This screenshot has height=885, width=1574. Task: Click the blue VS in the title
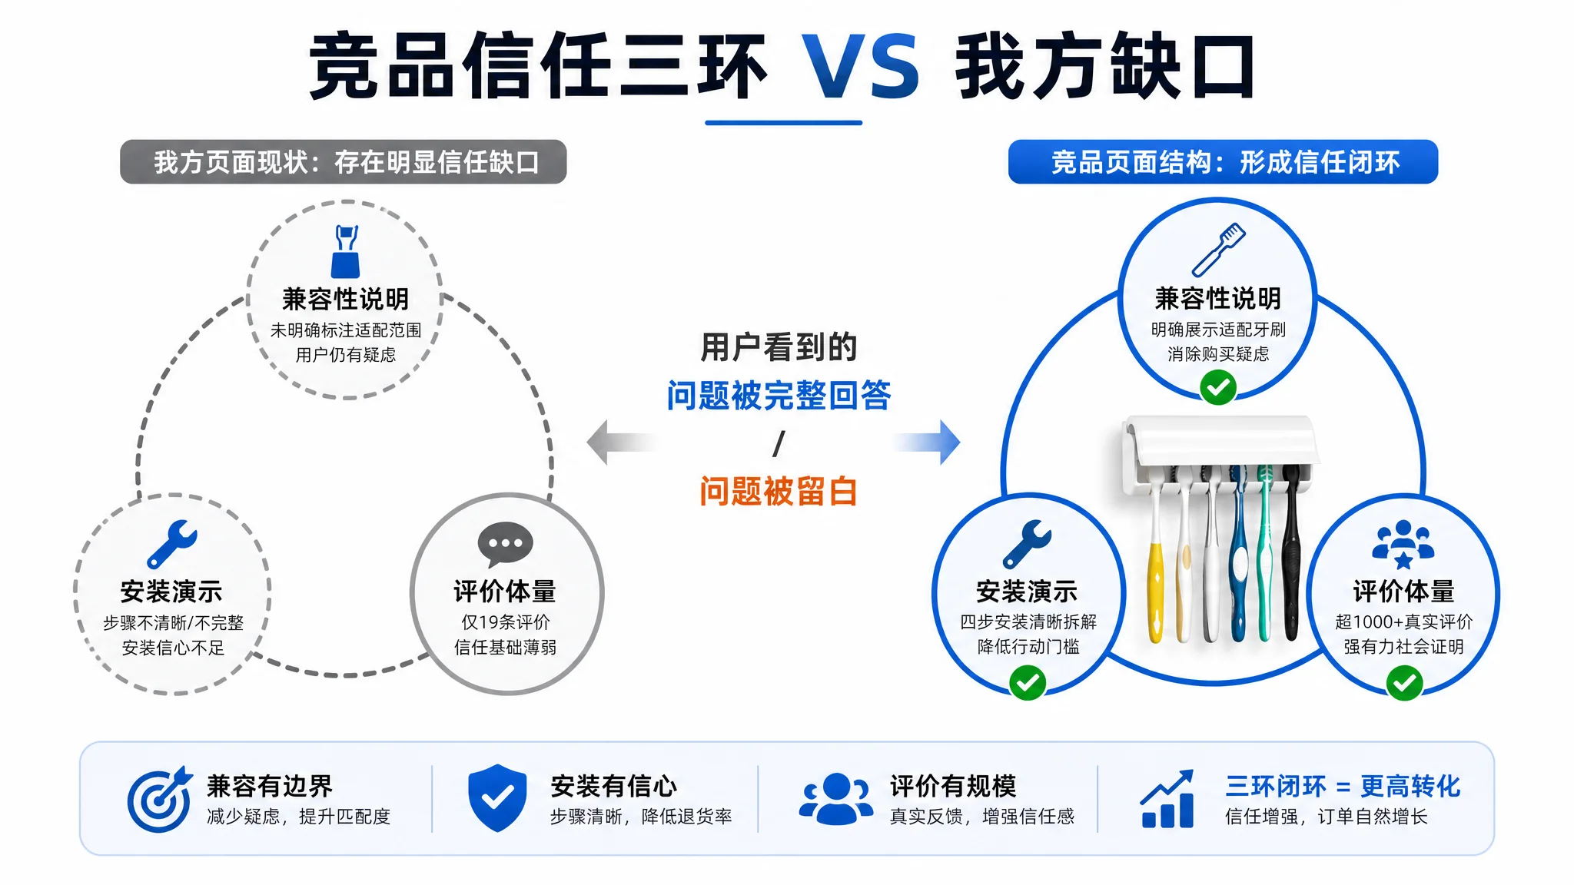[x=860, y=66]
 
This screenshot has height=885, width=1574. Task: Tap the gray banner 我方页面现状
[x=343, y=161]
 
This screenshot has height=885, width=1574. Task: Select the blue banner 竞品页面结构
[x=1223, y=161]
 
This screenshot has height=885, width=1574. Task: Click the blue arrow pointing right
[x=927, y=442]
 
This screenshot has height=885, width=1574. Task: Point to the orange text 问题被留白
[x=779, y=491]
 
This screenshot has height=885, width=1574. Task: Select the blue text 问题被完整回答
[x=779, y=396]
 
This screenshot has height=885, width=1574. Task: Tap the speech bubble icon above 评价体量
[x=505, y=544]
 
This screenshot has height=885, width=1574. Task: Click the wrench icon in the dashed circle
[x=172, y=544]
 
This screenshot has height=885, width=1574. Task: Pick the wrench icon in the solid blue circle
[x=1027, y=544]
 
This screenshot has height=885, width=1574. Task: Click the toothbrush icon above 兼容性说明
[x=1218, y=250]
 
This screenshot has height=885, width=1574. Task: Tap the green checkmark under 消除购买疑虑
[x=1218, y=387]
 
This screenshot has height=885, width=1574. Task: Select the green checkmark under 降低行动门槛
[x=1028, y=682]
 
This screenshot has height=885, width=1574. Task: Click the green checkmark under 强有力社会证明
[x=1404, y=682]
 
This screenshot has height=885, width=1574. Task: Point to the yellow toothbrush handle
[x=1155, y=592]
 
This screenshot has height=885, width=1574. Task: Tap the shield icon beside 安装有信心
[x=497, y=798]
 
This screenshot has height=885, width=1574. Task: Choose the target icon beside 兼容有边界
[x=159, y=799]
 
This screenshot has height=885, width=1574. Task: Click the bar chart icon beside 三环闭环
[x=1167, y=799]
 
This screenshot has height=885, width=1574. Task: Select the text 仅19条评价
[x=505, y=622]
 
